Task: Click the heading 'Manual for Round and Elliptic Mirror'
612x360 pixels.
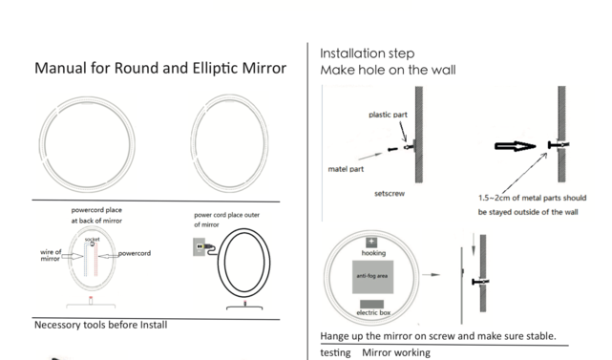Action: pyautogui.click(x=160, y=70)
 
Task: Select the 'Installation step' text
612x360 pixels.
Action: pyautogui.click(x=367, y=53)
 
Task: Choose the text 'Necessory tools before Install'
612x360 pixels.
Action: pyautogui.click(x=100, y=325)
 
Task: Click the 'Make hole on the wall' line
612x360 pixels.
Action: pyautogui.click(x=388, y=71)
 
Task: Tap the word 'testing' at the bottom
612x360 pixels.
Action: pyautogui.click(x=336, y=352)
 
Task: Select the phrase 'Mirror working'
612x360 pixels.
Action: pyautogui.click(x=395, y=352)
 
